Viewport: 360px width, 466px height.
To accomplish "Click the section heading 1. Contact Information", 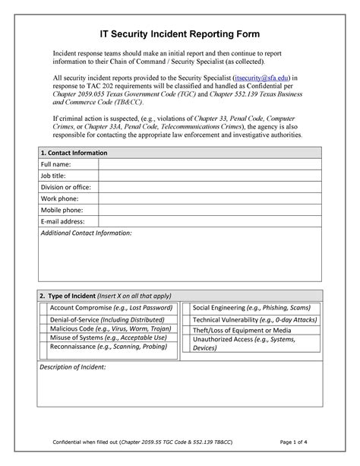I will pos(74,153).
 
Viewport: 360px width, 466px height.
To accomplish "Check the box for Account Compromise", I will pos(43,307).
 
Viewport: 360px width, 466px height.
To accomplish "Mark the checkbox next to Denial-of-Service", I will pos(43,320).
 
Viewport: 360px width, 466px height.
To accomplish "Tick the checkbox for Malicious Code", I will pos(43,331).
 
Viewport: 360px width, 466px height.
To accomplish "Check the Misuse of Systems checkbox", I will pos(43,341).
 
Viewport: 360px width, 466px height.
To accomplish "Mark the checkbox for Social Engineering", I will pos(186,307).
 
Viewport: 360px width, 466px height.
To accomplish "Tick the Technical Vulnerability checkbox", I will pos(186,320).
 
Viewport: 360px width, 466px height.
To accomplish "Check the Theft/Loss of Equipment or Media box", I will pos(186,331).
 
